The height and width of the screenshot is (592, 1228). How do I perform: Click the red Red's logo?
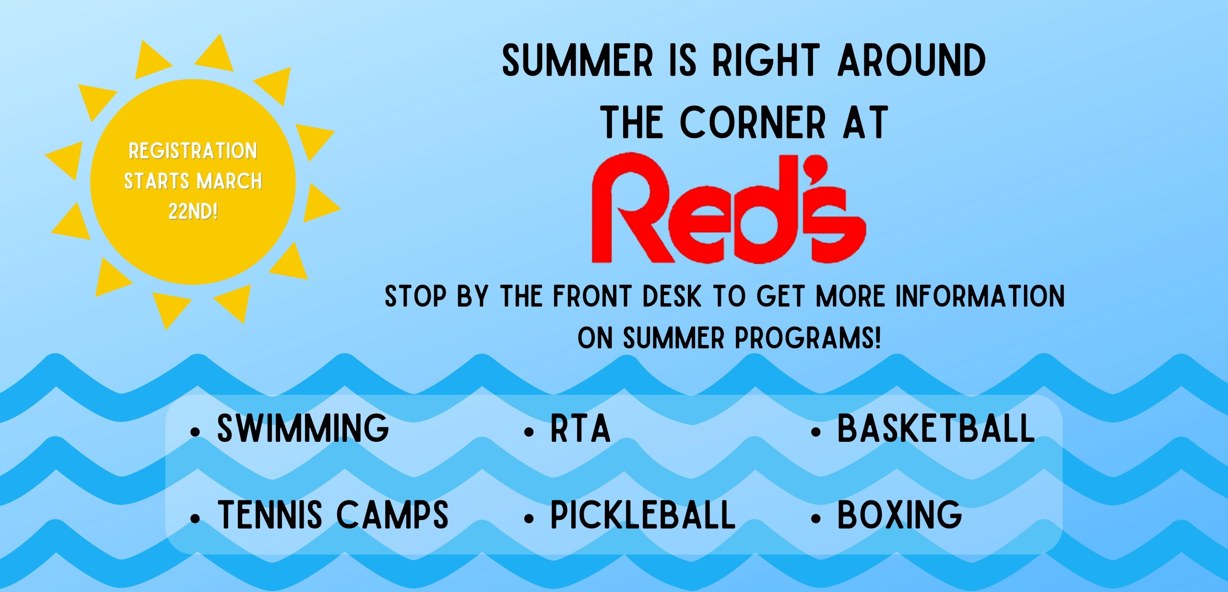click(728, 208)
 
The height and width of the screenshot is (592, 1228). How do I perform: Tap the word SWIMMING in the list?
click(303, 428)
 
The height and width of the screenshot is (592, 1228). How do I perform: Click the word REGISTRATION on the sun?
click(193, 151)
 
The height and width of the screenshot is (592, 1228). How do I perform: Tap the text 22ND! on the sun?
click(193, 211)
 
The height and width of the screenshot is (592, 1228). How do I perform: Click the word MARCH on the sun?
click(229, 181)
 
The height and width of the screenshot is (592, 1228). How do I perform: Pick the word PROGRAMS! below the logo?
click(808, 338)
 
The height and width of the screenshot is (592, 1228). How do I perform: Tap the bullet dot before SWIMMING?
click(195, 432)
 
